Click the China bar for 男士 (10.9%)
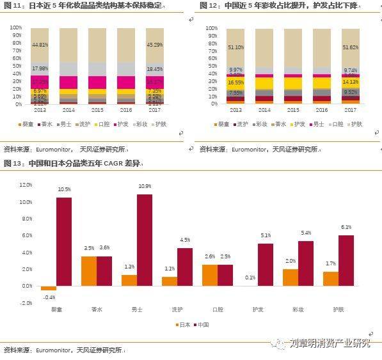point(145,240)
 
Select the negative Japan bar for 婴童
point(49,288)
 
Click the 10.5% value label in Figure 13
point(65,190)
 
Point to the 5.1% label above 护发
point(266,235)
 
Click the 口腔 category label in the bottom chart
point(217,310)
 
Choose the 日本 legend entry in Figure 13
point(184,325)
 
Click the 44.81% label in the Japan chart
point(40,45)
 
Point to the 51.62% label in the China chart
point(351,47)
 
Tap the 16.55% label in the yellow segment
point(236,82)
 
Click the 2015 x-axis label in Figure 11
point(97,110)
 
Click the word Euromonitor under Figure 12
point(244,148)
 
